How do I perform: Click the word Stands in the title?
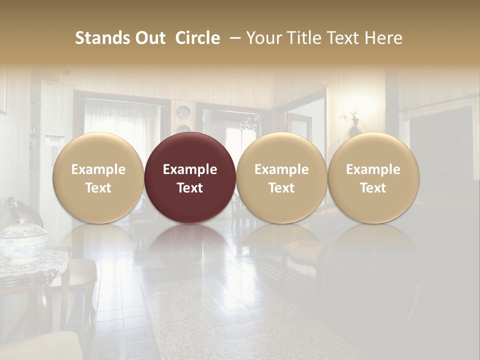98,38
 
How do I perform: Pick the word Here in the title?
383,38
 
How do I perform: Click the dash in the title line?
233,38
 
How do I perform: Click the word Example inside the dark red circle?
190,169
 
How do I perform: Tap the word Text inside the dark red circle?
190,188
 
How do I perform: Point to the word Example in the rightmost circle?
373,169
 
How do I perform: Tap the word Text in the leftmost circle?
98,188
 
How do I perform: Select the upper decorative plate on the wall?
183,112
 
